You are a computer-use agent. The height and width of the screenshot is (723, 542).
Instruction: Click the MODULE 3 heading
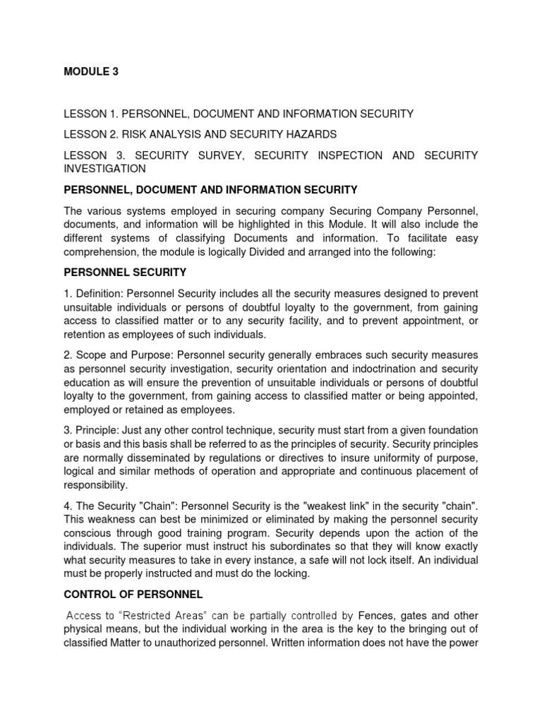click(91, 72)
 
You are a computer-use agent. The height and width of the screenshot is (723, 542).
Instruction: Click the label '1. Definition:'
click(95, 293)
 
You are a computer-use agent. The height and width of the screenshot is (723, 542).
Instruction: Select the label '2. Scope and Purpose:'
click(116, 354)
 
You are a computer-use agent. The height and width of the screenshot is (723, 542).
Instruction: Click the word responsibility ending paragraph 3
click(96, 485)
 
